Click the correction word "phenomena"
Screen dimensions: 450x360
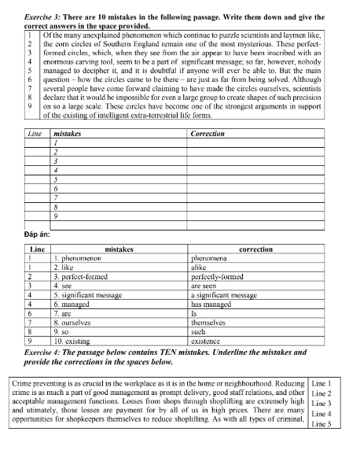[x=210, y=257]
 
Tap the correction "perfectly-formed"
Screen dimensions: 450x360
[x=219, y=278]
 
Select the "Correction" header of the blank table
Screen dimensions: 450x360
[x=208, y=134]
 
